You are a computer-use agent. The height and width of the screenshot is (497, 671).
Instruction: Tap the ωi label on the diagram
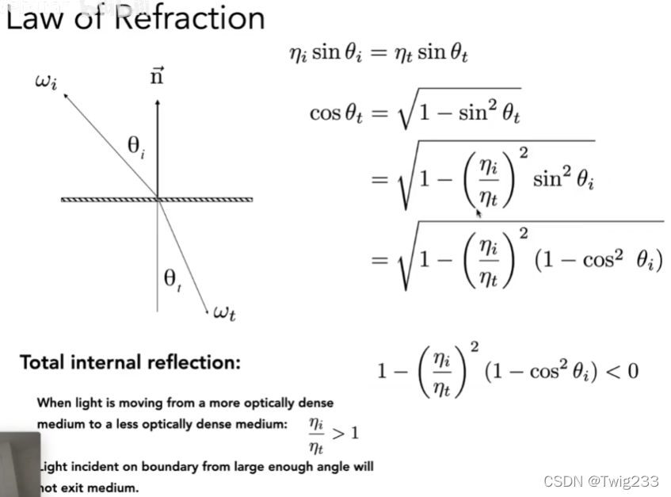pos(46,82)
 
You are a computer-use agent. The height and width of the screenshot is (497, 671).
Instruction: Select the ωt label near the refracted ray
pos(224,314)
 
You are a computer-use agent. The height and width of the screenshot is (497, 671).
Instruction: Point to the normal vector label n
pos(158,78)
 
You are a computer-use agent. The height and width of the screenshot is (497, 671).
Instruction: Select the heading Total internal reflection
pos(130,363)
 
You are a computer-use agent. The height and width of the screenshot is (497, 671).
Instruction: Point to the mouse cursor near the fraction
pos(478,212)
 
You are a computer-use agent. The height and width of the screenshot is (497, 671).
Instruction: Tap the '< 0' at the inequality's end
pos(622,371)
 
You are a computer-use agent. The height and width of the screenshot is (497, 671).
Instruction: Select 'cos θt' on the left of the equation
pos(336,113)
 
